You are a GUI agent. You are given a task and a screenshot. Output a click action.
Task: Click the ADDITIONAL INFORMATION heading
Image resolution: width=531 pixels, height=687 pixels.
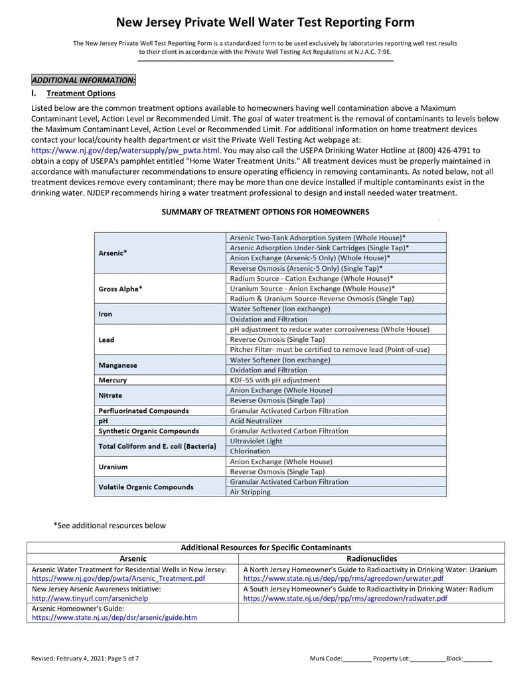[x=84, y=80]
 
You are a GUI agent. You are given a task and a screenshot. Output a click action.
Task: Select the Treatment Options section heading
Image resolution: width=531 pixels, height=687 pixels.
[x=80, y=94]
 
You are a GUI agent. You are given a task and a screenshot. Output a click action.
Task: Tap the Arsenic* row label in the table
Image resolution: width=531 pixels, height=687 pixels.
[x=113, y=253]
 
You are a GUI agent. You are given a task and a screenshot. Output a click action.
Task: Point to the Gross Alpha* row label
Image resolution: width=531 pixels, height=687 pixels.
[x=120, y=289]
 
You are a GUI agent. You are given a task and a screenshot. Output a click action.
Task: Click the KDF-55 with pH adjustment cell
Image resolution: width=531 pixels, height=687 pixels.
[x=274, y=380]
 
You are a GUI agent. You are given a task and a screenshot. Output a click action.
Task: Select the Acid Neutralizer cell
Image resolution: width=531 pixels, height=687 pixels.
[x=256, y=421]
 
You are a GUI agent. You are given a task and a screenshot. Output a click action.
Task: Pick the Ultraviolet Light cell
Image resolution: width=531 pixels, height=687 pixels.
[x=256, y=441]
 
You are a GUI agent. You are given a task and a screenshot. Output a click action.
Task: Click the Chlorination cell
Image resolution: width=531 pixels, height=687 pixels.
[x=250, y=451]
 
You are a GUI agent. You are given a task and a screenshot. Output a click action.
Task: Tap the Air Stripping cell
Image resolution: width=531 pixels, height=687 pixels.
[x=250, y=492]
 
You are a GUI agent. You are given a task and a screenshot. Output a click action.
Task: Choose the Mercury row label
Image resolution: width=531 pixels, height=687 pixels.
[x=112, y=380]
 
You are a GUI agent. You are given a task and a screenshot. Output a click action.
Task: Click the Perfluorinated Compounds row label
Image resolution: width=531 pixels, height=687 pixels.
[x=143, y=411]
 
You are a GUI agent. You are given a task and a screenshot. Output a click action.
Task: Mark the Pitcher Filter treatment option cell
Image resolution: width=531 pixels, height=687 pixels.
[x=329, y=349]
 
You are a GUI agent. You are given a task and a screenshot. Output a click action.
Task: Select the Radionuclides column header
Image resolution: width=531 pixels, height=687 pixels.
[x=371, y=559]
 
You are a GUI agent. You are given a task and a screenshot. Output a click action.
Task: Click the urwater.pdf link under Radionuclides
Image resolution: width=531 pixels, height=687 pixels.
[x=343, y=579]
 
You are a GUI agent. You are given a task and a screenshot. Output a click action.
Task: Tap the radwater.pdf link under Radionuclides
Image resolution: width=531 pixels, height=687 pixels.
[x=345, y=598]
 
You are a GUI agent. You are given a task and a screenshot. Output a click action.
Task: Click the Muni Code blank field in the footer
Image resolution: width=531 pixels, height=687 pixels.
[x=357, y=658]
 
